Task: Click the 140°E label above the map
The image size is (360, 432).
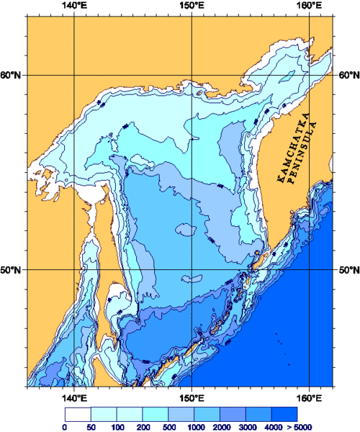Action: point(74,6)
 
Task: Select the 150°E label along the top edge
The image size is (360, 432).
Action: point(191,6)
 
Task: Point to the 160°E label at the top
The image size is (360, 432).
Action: point(309,6)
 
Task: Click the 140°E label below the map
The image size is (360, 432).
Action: point(74,397)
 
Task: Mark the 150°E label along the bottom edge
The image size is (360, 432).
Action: point(191,397)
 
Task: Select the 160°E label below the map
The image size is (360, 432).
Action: point(309,397)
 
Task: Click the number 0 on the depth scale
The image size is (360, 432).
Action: point(65,427)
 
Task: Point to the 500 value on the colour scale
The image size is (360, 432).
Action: point(168,427)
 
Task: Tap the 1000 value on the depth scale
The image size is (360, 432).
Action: point(194,427)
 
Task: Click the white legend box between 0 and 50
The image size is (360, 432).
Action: point(77,414)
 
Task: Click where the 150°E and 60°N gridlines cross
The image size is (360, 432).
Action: point(191,76)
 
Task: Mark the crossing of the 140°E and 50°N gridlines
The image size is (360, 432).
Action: point(74,270)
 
